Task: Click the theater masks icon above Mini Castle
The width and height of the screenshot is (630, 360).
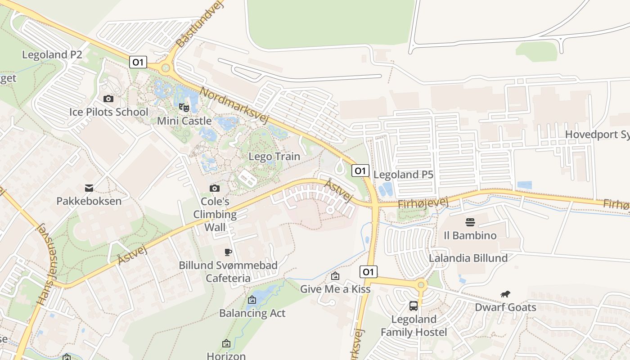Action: click(184, 107)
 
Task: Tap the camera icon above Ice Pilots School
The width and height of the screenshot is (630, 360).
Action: click(108, 99)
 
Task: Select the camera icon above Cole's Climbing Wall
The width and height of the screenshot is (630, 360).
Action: click(215, 188)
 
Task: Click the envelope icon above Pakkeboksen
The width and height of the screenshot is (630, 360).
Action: click(89, 188)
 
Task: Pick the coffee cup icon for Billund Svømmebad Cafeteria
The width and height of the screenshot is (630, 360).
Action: click(228, 252)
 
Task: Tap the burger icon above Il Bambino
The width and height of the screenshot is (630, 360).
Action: click(470, 222)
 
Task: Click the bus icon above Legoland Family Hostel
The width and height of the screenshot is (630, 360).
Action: click(414, 306)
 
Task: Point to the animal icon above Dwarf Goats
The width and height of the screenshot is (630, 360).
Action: click(505, 294)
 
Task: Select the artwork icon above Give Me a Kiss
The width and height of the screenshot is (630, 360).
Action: click(335, 276)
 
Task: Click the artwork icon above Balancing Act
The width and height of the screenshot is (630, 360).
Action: click(252, 300)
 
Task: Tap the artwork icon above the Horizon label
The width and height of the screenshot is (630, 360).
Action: click(226, 344)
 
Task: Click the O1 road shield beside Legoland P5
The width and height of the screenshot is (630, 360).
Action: click(360, 171)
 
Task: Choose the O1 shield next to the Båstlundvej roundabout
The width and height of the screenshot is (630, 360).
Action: click(138, 62)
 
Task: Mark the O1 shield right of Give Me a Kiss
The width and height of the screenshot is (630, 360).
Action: click(368, 272)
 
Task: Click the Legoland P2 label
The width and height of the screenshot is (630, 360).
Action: click(52, 55)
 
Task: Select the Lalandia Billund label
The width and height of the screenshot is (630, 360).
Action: click(468, 258)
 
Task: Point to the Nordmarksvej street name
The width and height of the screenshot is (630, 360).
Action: click(234, 106)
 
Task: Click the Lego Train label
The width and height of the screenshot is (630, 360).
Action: click(274, 157)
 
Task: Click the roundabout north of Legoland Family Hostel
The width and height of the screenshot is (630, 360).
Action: click(421, 285)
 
